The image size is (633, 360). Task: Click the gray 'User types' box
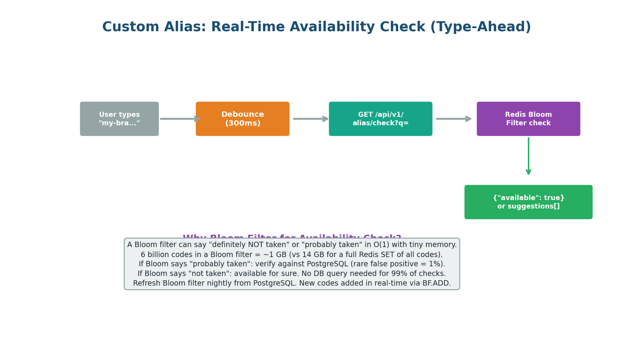click(119, 119)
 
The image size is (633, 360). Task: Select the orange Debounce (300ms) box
click(242, 119)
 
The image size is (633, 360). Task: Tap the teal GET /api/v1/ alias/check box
click(380, 119)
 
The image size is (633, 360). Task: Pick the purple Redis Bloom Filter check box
click(528, 119)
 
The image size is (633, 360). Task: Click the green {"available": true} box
click(528, 202)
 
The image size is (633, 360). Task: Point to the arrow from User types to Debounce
click(179, 119)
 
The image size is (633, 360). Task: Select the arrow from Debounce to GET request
click(310, 119)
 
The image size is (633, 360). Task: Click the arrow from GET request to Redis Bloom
click(453, 119)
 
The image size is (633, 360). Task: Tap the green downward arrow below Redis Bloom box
click(529, 156)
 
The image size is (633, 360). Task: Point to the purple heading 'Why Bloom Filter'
click(231, 237)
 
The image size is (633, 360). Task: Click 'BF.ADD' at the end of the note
click(438, 284)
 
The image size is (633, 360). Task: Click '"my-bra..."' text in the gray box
click(119, 123)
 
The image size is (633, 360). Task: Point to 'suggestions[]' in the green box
click(528, 207)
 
